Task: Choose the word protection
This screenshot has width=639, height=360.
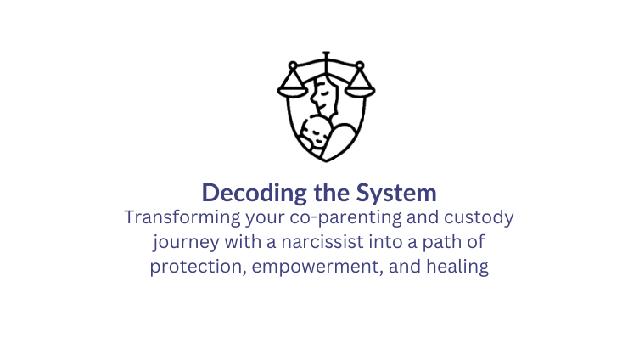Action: [192, 267]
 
